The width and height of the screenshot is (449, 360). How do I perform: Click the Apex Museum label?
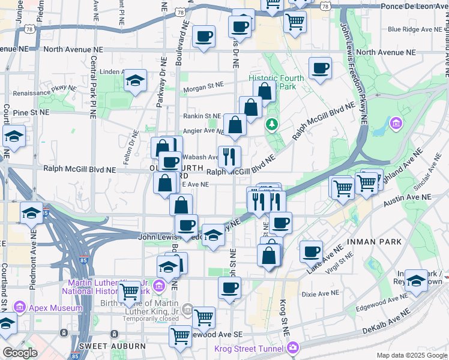[56, 308]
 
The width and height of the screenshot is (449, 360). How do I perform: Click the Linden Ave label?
[112, 72]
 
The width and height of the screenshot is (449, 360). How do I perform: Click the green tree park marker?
[272, 124]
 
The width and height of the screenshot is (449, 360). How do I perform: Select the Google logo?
[20, 353]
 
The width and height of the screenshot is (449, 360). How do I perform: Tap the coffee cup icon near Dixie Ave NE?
[229, 288]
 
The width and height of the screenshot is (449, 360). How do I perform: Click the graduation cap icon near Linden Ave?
[136, 80]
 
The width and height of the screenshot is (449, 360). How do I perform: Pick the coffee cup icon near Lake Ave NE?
[311, 251]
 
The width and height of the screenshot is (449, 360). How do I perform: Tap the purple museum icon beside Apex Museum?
[19, 308]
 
